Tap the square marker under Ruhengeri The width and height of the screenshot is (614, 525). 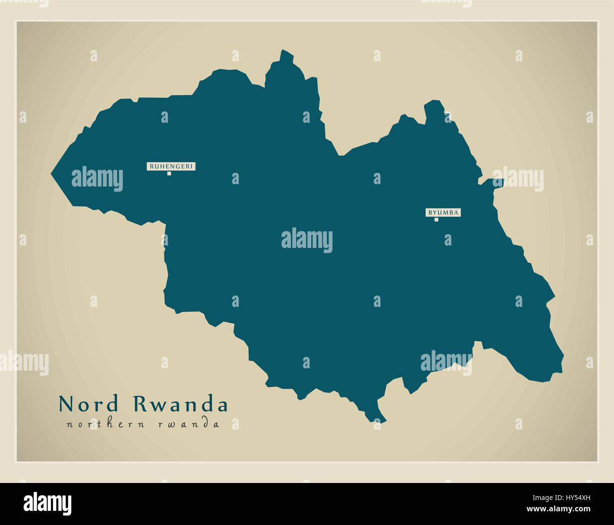click(x=169, y=174)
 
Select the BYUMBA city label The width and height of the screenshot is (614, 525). click(x=443, y=212)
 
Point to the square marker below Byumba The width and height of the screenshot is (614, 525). click(x=436, y=220)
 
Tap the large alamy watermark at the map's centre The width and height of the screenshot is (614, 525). click(x=307, y=240)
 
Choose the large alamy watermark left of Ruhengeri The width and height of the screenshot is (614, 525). click(x=97, y=179)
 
